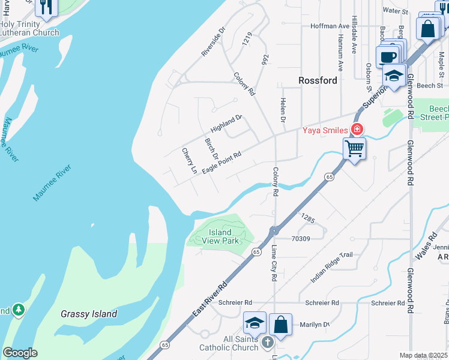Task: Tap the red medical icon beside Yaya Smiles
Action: pyautogui.click(x=357, y=129)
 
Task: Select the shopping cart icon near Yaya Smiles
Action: pyautogui.click(x=355, y=147)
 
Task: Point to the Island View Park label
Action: pyautogui.click(x=220, y=236)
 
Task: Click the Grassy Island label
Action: pyautogui.click(x=89, y=314)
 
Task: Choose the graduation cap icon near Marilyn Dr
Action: pyautogui.click(x=255, y=323)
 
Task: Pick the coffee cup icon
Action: pyautogui.click(x=388, y=57)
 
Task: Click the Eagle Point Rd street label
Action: pyautogui.click(x=221, y=163)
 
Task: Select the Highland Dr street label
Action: pyautogui.click(x=226, y=124)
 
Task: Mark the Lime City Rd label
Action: pyautogui.click(x=274, y=263)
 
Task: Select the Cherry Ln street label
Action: pyautogui.click(x=189, y=161)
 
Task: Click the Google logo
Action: pyautogui.click(x=20, y=352)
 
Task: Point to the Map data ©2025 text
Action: pyautogui.click(x=423, y=355)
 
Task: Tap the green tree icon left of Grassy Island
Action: pyautogui.click(x=19, y=309)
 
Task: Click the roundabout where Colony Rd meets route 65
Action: pyautogui.click(x=274, y=231)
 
